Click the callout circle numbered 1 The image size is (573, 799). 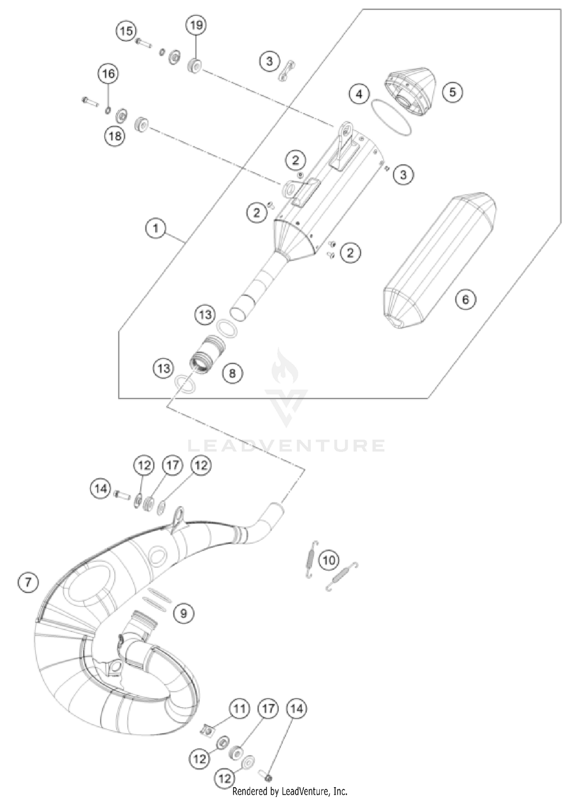tap(155, 229)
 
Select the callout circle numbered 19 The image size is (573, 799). tap(196, 25)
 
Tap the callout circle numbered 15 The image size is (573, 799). tap(126, 31)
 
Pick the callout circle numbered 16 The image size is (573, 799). tap(108, 73)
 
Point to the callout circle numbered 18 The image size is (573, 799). tap(115, 135)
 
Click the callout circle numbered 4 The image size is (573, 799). tap(359, 94)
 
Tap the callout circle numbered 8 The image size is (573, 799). tap(232, 373)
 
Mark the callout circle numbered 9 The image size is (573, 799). tap(183, 613)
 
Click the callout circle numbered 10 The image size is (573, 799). tap(329, 561)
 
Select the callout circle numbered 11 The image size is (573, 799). tap(239, 709)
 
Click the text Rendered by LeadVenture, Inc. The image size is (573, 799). tap(290, 791)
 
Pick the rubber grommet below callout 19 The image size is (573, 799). tap(195, 66)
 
